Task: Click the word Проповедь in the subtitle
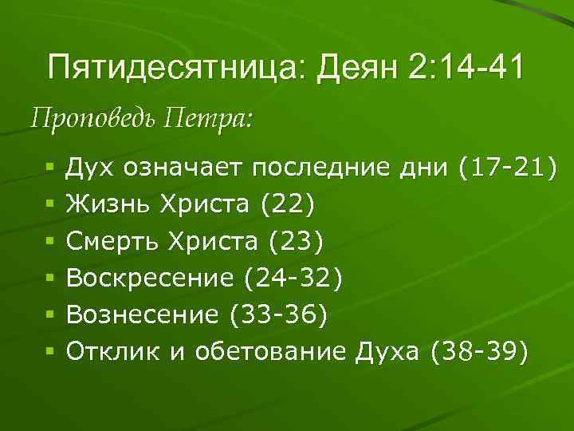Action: (93, 121)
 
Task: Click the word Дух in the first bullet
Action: (88, 168)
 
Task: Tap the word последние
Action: (323, 168)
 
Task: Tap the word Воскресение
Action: (150, 278)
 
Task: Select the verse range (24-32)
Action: (295, 278)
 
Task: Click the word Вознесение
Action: (143, 314)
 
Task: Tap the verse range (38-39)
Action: (478, 351)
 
